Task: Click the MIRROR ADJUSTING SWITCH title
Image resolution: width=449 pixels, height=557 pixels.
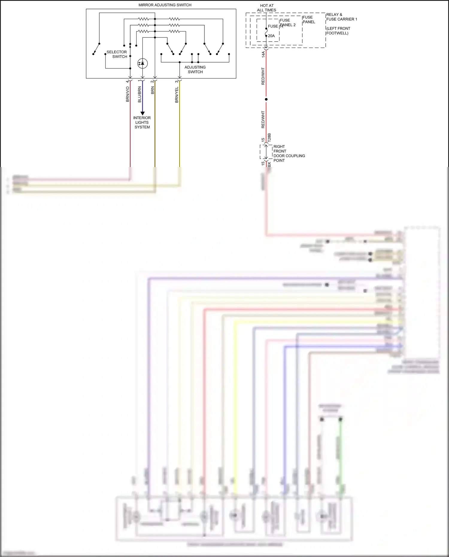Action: [x=165, y=5]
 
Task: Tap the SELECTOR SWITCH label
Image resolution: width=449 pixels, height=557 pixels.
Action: [x=117, y=54]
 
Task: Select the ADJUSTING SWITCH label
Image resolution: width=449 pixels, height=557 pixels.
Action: [x=195, y=69]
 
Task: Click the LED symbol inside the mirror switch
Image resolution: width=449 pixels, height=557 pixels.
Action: [x=142, y=63]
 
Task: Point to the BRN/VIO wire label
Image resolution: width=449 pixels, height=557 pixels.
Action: [x=128, y=94]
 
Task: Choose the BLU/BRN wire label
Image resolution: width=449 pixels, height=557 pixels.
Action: [x=139, y=95]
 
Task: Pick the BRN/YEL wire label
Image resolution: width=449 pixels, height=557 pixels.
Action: [x=177, y=95]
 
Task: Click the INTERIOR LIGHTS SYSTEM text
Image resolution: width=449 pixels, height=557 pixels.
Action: [x=142, y=122]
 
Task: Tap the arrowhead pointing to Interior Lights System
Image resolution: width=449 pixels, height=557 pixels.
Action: [x=142, y=113]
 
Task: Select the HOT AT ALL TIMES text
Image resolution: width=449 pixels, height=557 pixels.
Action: [x=266, y=8]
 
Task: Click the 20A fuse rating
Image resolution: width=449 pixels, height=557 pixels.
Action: [x=271, y=36]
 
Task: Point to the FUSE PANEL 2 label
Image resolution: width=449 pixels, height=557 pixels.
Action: [x=287, y=23]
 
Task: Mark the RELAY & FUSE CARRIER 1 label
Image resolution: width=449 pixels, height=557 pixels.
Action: [x=342, y=17]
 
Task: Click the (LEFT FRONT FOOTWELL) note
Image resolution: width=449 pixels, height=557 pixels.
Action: [x=338, y=31]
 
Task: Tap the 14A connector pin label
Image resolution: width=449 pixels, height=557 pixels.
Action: [x=263, y=54]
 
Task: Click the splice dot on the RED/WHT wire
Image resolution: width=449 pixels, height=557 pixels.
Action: [x=266, y=99]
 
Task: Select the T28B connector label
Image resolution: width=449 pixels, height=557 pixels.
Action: [x=269, y=138]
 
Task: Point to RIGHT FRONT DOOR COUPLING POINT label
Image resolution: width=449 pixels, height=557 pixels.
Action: [x=289, y=154]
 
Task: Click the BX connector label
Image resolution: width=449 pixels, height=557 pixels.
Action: [x=269, y=164]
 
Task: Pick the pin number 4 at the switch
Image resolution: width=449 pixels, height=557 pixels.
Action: [x=127, y=81]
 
